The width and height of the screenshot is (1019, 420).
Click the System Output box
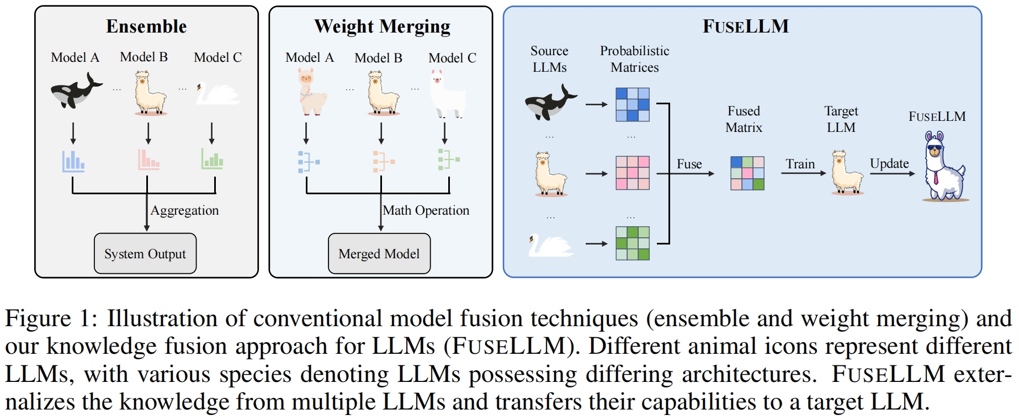click(145, 253)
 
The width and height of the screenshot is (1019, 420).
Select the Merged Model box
click(379, 253)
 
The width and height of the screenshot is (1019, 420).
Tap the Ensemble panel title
click(146, 26)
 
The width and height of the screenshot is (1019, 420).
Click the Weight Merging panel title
click(382, 26)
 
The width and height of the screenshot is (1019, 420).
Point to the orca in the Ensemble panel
click(76, 91)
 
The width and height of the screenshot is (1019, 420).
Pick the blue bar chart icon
click(73, 161)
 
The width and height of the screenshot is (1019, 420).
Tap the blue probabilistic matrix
click(633, 104)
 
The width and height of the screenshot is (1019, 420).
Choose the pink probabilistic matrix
click(633, 173)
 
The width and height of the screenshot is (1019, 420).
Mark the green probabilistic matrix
click(633, 243)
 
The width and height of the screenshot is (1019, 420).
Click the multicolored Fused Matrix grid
click(747, 173)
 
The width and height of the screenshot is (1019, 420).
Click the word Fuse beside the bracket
click(689, 164)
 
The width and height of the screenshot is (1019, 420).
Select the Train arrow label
click(800, 164)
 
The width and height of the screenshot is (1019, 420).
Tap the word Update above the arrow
click(889, 163)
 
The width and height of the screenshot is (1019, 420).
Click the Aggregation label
click(184, 210)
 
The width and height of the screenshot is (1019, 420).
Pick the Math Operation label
click(426, 210)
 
